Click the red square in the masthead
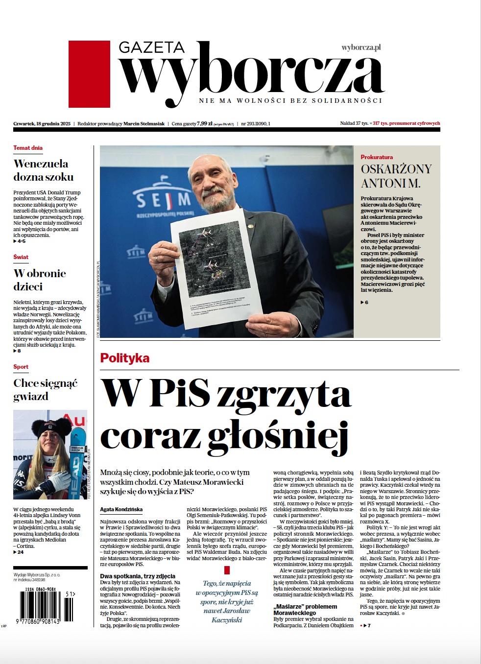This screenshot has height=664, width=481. tap(89, 74)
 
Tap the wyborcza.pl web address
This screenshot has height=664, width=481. tap(361, 47)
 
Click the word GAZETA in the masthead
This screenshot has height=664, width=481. tap(151, 47)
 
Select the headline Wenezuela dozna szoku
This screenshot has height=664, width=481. tap(44, 170)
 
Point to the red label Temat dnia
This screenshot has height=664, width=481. tap(28, 148)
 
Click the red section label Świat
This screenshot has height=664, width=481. tap(21, 257)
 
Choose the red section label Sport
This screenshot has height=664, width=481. tap(21, 367)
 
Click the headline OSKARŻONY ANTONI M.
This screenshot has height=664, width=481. tap(396, 176)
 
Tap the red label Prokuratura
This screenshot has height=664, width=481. tap(377, 157)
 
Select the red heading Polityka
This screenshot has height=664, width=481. tap(125, 358)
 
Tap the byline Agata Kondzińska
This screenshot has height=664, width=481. tap(121, 509)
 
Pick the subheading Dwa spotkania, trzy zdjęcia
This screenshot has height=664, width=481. tap(138, 576)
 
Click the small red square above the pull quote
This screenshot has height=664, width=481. tap(227, 570)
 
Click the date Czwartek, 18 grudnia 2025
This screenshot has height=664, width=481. tap(42, 124)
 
